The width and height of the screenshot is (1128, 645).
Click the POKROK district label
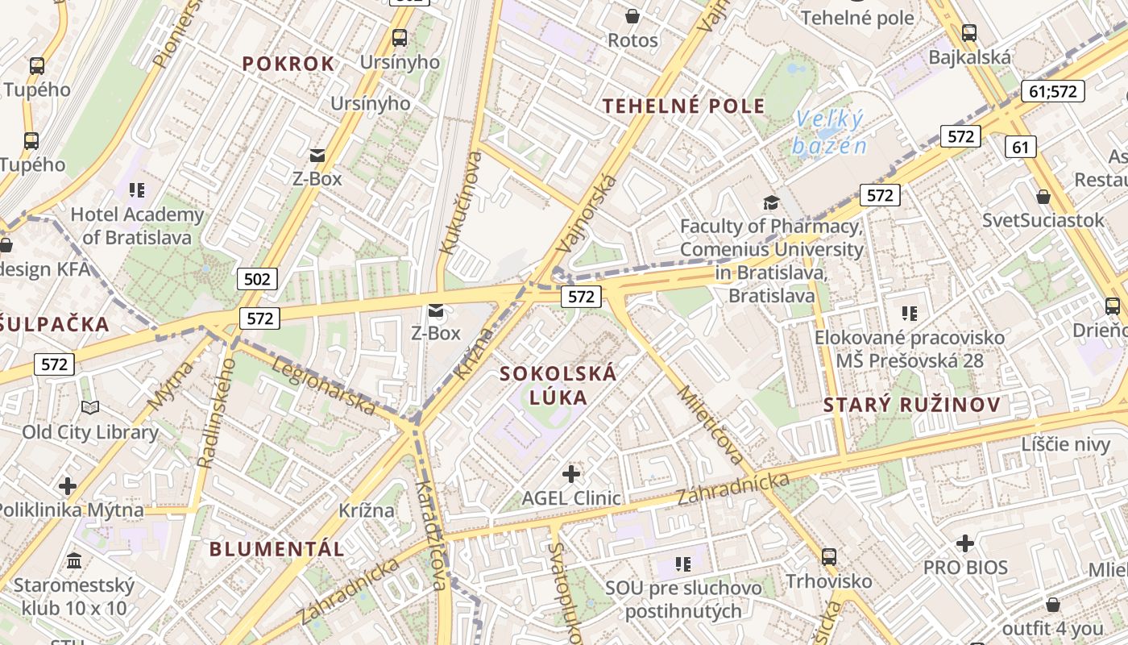[288, 64]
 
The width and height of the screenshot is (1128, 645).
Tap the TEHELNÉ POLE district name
[684, 106]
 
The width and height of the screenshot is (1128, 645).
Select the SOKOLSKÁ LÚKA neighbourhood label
[558, 385]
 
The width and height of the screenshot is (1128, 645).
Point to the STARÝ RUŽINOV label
[912, 405]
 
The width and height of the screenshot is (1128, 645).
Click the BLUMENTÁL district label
[276, 549]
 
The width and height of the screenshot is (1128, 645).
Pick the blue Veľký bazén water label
[829, 132]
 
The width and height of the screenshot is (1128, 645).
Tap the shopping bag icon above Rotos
[632, 15]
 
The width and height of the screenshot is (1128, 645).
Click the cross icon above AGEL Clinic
[571, 474]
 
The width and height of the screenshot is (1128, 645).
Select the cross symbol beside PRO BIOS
[965, 543]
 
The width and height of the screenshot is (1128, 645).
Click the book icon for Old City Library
[90, 408]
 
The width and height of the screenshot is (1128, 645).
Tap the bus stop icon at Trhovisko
[828, 556]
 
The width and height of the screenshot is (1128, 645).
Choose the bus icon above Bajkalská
[969, 33]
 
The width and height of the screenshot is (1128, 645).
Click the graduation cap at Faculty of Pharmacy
[771, 202]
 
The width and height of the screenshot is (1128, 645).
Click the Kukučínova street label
[457, 202]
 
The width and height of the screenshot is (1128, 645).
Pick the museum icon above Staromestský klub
[74, 560]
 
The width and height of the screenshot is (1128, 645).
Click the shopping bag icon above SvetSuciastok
[1043, 196]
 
